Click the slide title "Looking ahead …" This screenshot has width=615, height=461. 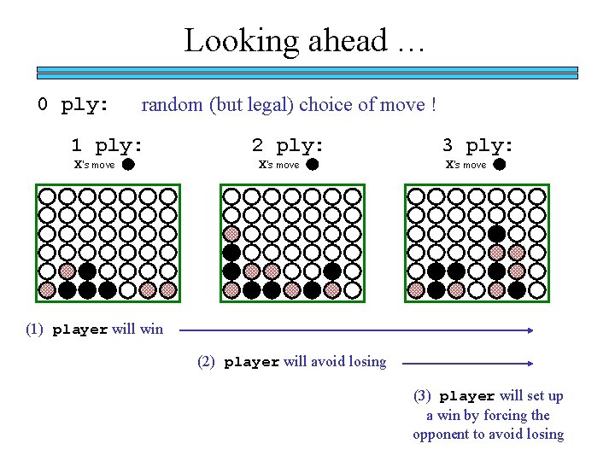pos(304,40)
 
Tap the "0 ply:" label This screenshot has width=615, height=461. pos(73,105)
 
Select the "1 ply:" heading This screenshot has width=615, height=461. pos(107,145)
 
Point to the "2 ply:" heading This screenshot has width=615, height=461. pos(288,145)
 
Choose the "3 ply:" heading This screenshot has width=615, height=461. pos(477,145)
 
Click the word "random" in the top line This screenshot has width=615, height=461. pos(172,105)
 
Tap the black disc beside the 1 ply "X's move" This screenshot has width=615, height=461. pos(127,165)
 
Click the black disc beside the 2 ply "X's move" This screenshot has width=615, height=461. pos(313,165)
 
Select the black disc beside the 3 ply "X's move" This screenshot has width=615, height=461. pos(500,165)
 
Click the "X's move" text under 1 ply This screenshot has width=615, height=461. pos(94,165)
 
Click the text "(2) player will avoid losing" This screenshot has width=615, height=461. pos(291,361)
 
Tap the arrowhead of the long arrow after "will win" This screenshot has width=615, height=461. pos(530,329)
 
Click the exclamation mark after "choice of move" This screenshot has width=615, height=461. pos(434,105)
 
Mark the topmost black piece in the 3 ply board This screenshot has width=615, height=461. pos(496,232)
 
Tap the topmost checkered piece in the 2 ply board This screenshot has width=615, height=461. pos(231,232)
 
